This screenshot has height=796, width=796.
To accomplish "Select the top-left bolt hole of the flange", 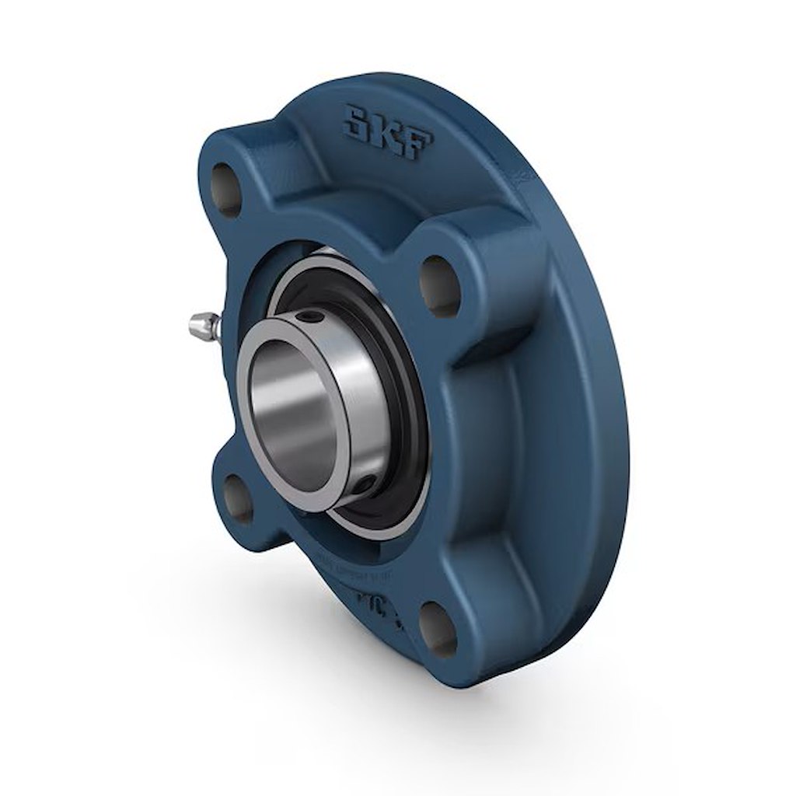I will coord(226,188).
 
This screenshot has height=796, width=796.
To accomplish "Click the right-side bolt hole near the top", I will coord(441,285).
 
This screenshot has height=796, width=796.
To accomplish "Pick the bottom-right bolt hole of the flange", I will coord(438,627).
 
